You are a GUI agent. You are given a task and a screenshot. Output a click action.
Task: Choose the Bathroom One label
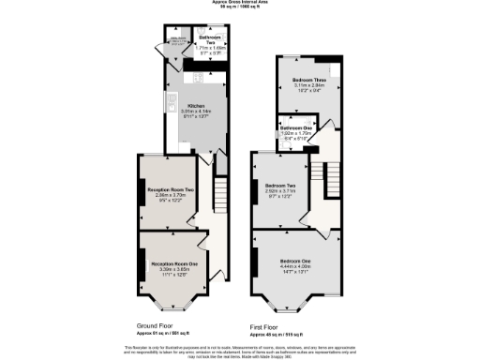296,127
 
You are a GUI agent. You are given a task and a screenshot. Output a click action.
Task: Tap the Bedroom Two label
282,185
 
